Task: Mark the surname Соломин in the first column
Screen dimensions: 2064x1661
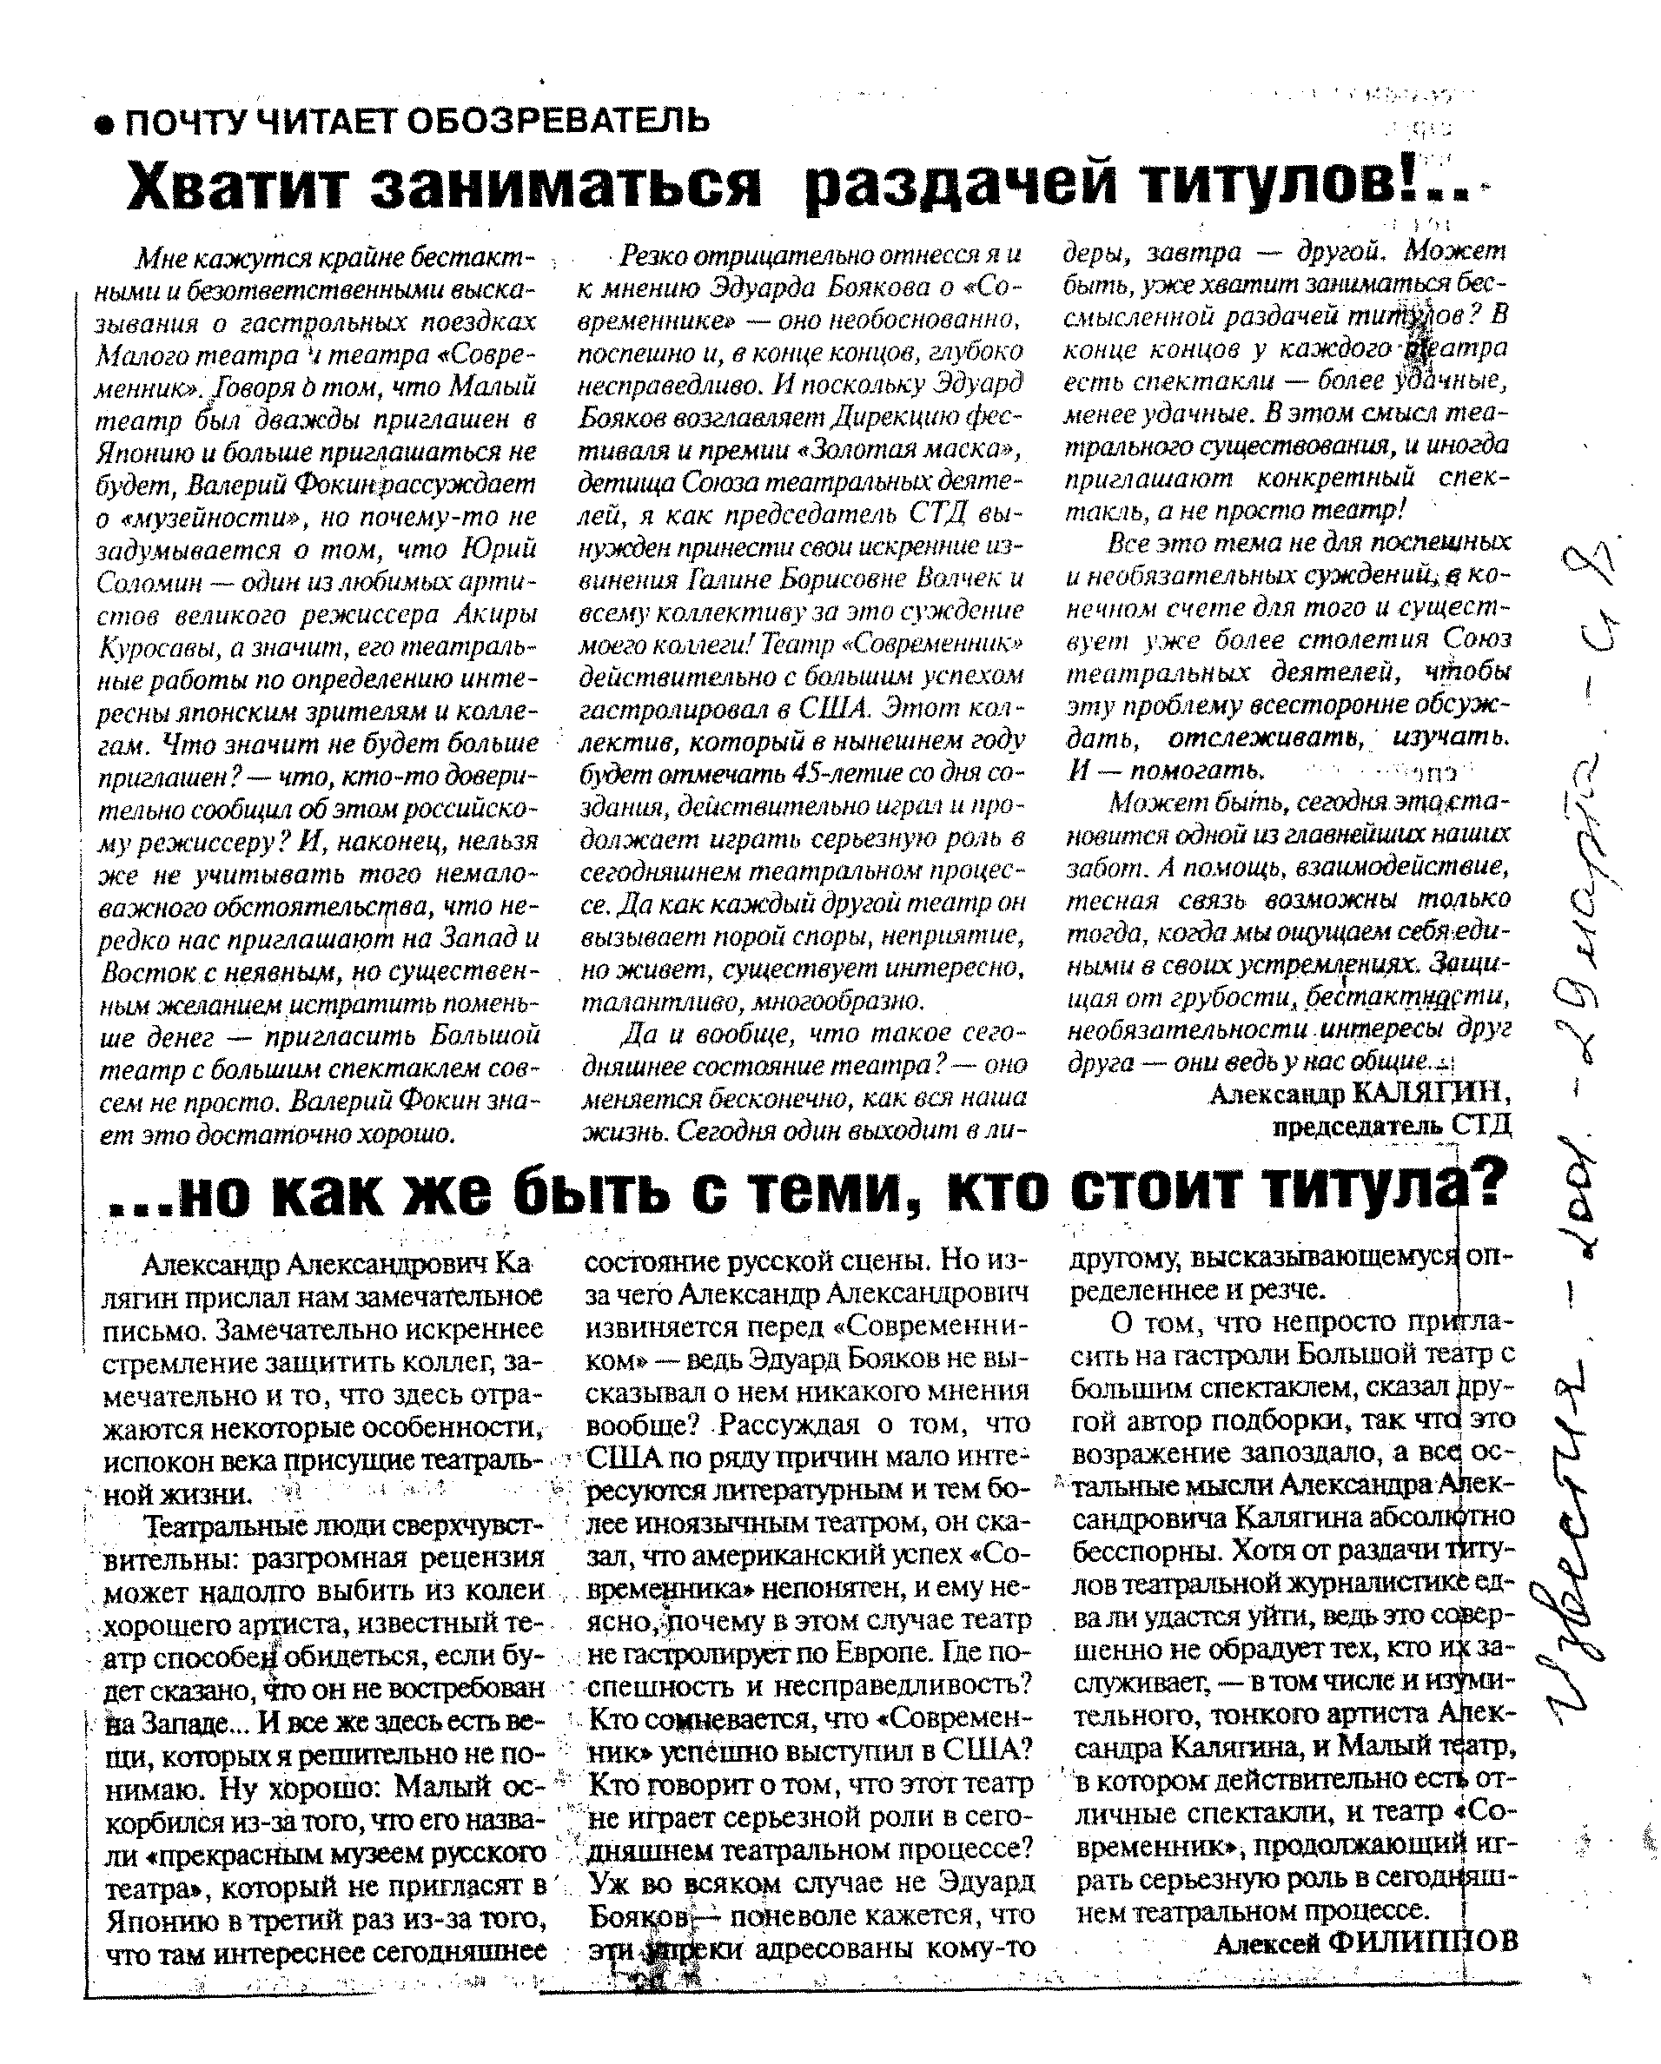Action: (x=148, y=583)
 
